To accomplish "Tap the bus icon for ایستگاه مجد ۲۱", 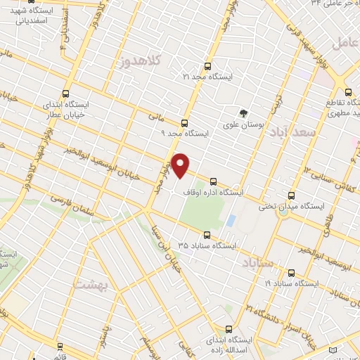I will (x=207, y=61).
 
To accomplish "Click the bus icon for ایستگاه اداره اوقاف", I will (x=214, y=182).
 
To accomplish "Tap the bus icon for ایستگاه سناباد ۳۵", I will (x=207, y=236).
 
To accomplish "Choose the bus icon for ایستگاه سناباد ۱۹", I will (x=292, y=272).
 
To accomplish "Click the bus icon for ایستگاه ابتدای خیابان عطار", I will (x=66, y=94).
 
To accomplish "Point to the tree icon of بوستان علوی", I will (x=244, y=112).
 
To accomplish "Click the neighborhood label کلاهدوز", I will (x=141, y=61).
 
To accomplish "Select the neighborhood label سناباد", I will (x=259, y=263).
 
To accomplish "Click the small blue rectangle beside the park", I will (x=231, y=220).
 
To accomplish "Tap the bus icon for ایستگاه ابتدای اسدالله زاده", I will (x=229, y=329).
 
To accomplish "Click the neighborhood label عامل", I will (x=345, y=42).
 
